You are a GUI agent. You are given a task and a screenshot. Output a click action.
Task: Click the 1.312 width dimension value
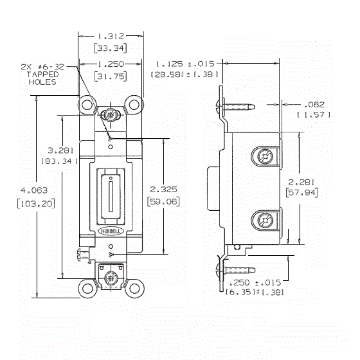(x=111, y=36)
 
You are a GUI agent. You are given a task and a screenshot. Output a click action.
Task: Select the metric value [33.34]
(x=111, y=48)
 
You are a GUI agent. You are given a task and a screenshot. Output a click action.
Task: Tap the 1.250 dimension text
(x=111, y=64)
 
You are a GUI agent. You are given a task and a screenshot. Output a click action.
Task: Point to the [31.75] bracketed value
(x=111, y=76)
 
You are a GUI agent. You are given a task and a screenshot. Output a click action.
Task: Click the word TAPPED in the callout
(x=42, y=75)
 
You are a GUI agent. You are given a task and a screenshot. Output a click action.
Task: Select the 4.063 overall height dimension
(x=34, y=190)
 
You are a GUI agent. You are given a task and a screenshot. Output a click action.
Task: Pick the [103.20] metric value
(x=36, y=203)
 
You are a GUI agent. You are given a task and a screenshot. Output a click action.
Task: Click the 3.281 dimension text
(x=60, y=150)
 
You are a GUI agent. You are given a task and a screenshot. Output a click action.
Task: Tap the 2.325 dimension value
(x=163, y=190)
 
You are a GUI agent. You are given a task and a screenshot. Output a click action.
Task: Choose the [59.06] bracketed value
(x=163, y=202)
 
